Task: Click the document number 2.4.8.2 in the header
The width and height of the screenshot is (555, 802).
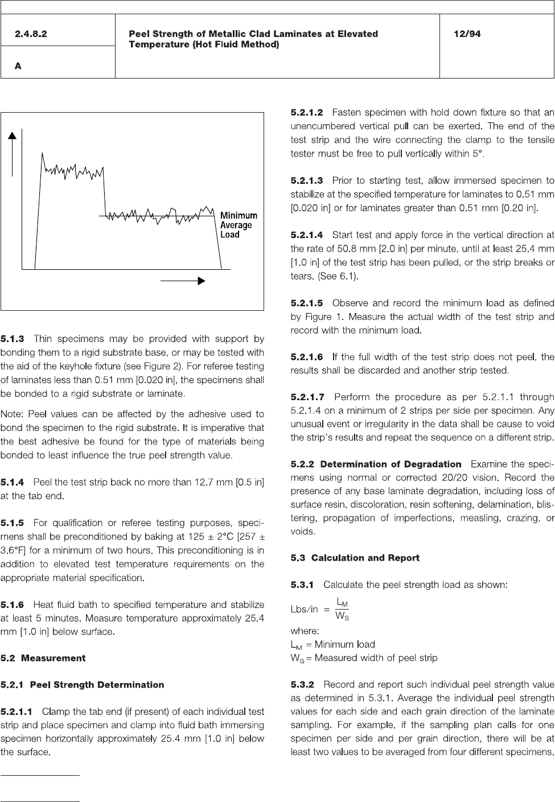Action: point(31,34)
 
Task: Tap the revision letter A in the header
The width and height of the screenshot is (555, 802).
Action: point(18,66)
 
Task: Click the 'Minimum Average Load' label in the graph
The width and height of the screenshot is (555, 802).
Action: point(239,225)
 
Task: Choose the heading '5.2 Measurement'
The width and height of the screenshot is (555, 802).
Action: point(43,658)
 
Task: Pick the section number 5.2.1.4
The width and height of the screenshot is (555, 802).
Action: point(307,235)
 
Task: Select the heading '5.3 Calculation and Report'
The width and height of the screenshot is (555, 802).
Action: point(355,558)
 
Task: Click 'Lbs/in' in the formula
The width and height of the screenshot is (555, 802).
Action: point(305,610)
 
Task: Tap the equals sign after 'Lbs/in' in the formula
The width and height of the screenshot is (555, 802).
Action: point(327,610)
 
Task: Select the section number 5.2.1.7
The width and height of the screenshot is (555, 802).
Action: point(307,397)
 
